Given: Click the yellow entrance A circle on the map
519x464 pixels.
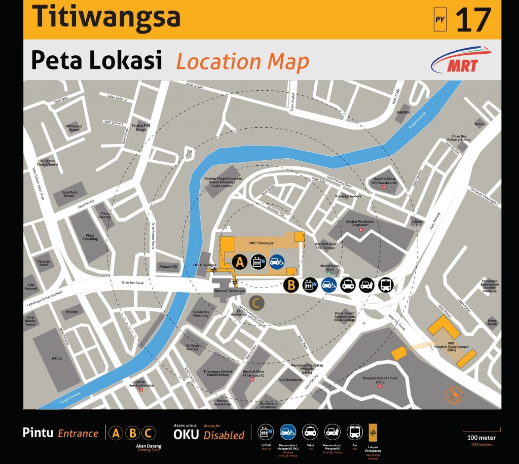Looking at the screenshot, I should (240, 262).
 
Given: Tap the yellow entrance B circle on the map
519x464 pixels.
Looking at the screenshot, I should (290, 285).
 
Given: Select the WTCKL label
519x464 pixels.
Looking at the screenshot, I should (56, 359).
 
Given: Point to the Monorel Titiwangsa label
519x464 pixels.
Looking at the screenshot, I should (230, 291).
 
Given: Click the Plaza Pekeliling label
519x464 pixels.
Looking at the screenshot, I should (92, 237).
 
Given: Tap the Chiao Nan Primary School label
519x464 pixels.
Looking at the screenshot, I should (461, 138).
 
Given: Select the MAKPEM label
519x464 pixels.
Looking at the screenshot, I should (403, 112).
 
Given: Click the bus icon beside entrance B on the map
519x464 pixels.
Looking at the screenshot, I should (386, 285).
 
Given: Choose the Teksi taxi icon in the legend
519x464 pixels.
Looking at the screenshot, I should (310, 432).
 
